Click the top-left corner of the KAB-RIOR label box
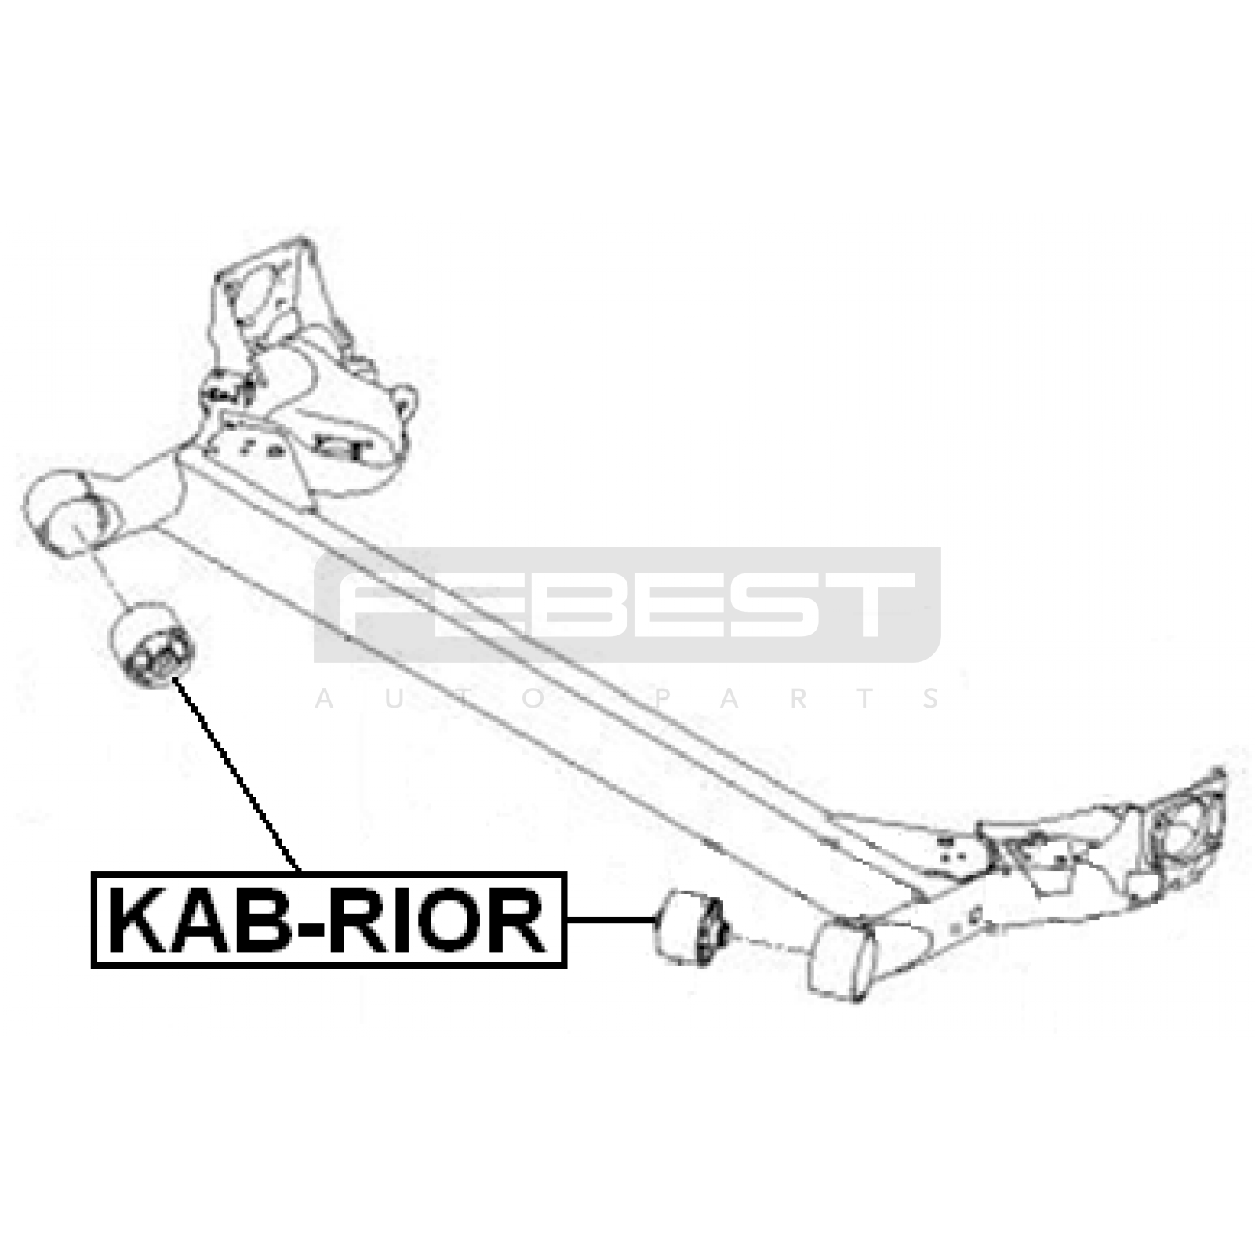coord(93,873)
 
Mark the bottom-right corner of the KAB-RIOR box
coord(565,966)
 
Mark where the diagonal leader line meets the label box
coord(299,871)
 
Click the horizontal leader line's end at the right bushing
coord(656,919)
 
